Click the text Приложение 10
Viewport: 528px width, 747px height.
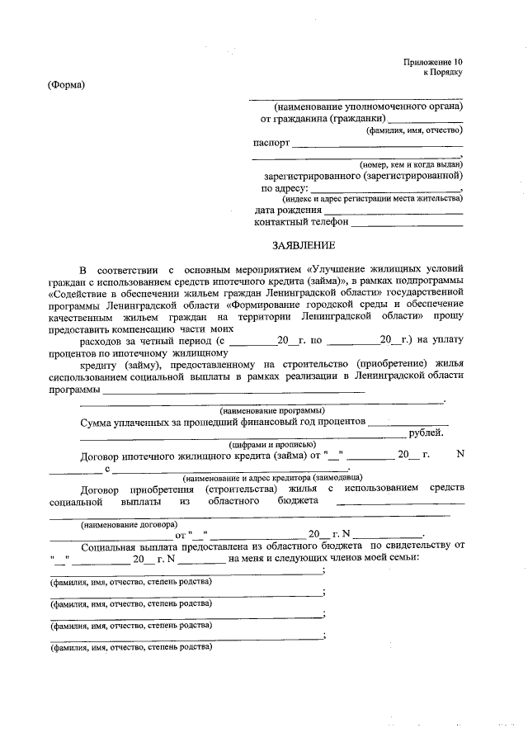[x=433, y=62]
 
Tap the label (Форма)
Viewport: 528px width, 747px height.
[x=67, y=84]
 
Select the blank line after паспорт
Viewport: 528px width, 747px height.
[x=377, y=144]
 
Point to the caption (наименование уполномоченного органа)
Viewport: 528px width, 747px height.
[x=369, y=106]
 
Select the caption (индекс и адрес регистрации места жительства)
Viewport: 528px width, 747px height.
[x=373, y=198]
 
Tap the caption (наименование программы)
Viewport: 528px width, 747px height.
[x=271, y=410]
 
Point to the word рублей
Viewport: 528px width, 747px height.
[x=427, y=433]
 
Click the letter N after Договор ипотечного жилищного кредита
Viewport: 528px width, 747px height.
[x=460, y=455]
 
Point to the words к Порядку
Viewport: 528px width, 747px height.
[x=444, y=73]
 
